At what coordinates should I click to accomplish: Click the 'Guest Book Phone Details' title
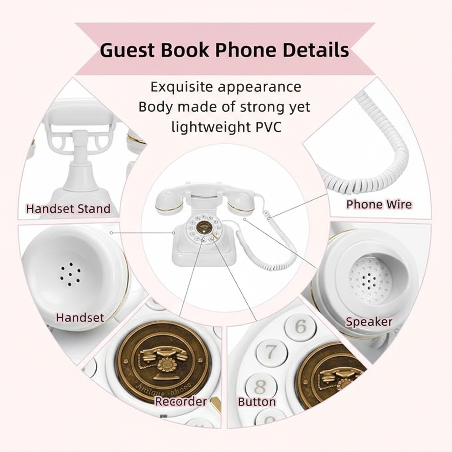(x=224, y=50)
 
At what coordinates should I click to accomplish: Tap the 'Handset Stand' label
(x=68, y=208)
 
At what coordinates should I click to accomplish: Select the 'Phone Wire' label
(x=379, y=204)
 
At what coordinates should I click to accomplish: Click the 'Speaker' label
(x=369, y=322)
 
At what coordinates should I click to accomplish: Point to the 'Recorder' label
(x=181, y=401)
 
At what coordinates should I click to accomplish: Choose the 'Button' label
(x=257, y=402)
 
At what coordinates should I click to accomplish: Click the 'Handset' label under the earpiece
(x=80, y=317)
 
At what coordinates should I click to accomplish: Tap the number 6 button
(x=300, y=326)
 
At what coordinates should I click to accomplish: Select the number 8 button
(x=260, y=387)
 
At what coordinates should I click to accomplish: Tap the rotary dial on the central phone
(x=203, y=227)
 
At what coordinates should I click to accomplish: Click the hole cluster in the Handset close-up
(x=70, y=274)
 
